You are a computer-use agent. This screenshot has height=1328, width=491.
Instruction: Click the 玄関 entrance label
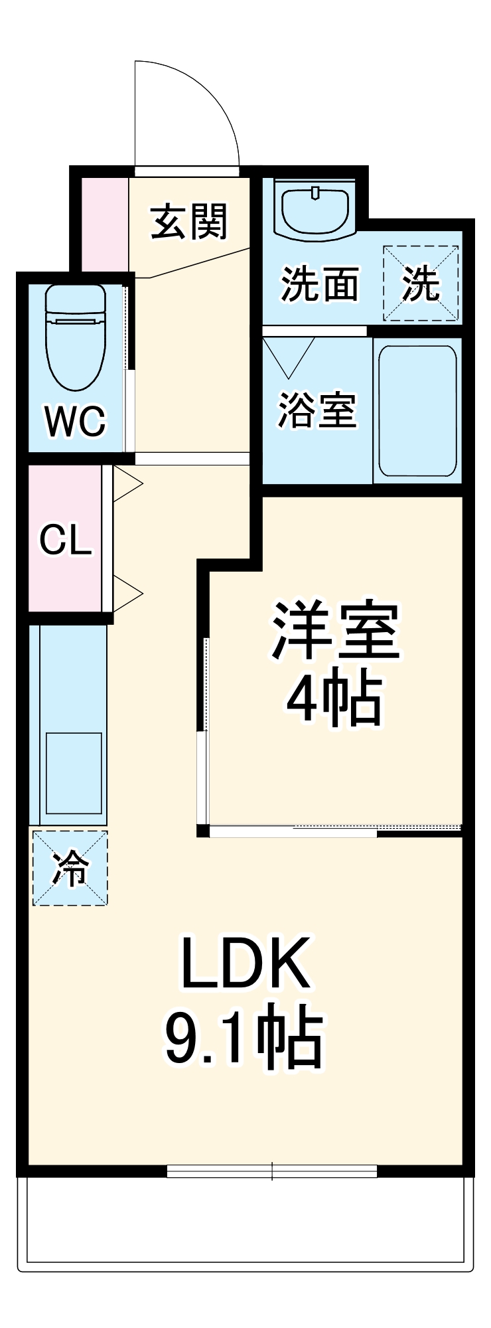point(189,221)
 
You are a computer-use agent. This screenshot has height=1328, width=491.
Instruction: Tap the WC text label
point(75,420)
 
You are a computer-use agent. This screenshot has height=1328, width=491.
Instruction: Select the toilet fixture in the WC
point(75,335)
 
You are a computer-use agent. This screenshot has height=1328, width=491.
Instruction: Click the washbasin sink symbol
point(316,207)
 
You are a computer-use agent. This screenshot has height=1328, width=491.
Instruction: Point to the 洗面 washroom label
point(320,284)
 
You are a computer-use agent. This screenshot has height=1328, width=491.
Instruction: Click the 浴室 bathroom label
point(316,410)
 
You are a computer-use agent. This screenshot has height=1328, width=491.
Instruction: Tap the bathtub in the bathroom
point(417,410)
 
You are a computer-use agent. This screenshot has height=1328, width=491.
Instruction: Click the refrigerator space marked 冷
point(70,867)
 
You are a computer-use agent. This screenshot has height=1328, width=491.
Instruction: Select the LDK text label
point(245,963)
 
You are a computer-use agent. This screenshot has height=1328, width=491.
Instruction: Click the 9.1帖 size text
point(244,1039)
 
